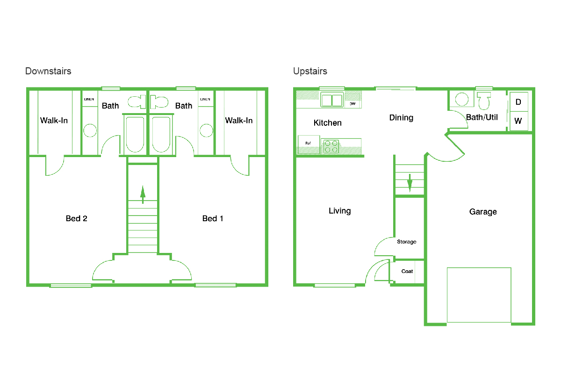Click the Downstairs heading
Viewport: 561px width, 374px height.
coord(48,71)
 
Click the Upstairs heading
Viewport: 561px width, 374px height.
coord(310,72)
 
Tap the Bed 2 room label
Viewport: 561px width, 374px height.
coord(76,218)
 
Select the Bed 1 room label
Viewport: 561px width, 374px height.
coord(213,218)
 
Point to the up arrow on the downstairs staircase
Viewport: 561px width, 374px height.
coord(143,194)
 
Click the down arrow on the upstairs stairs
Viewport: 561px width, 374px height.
coord(410,183)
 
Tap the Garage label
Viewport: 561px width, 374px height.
coord(483,212)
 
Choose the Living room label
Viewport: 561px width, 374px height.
coord(339,211)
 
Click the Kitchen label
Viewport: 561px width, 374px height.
coord(328,123)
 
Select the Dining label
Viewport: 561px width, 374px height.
coord(401,118)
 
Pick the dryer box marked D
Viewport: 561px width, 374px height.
coord(519,102)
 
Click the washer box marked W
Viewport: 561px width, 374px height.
coord(519,121)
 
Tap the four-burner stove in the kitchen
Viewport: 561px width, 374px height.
coord(331,146)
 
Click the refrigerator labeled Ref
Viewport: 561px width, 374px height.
coord(309,144)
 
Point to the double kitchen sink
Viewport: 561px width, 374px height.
coord(332,100)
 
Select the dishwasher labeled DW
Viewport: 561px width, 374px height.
coord(352,104)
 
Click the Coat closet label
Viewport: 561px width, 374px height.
coord(407,271)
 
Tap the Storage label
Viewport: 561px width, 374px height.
coord(406,242)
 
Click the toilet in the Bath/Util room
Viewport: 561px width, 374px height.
coord(484,101)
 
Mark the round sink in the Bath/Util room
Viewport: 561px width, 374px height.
coord(461,99)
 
